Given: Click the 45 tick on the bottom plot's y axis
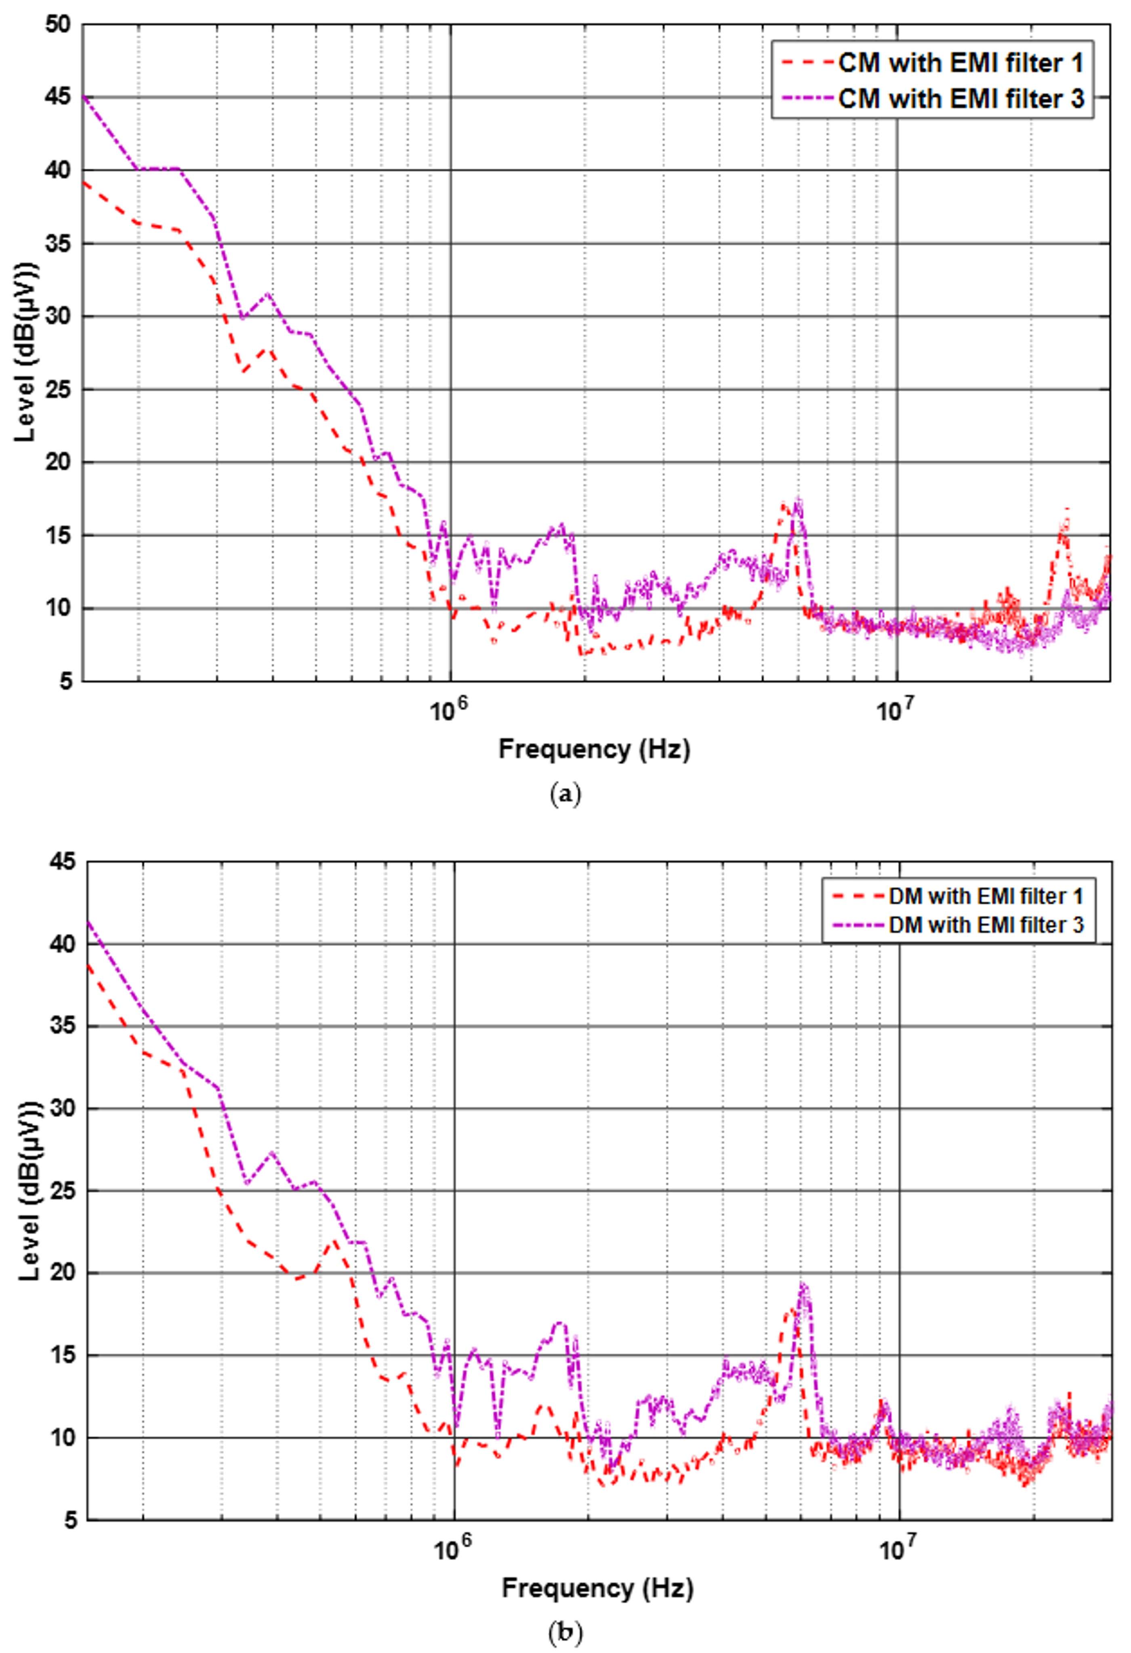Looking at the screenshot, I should click(x=62, y=863).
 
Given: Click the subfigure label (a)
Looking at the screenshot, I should click(x=565, y=794).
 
